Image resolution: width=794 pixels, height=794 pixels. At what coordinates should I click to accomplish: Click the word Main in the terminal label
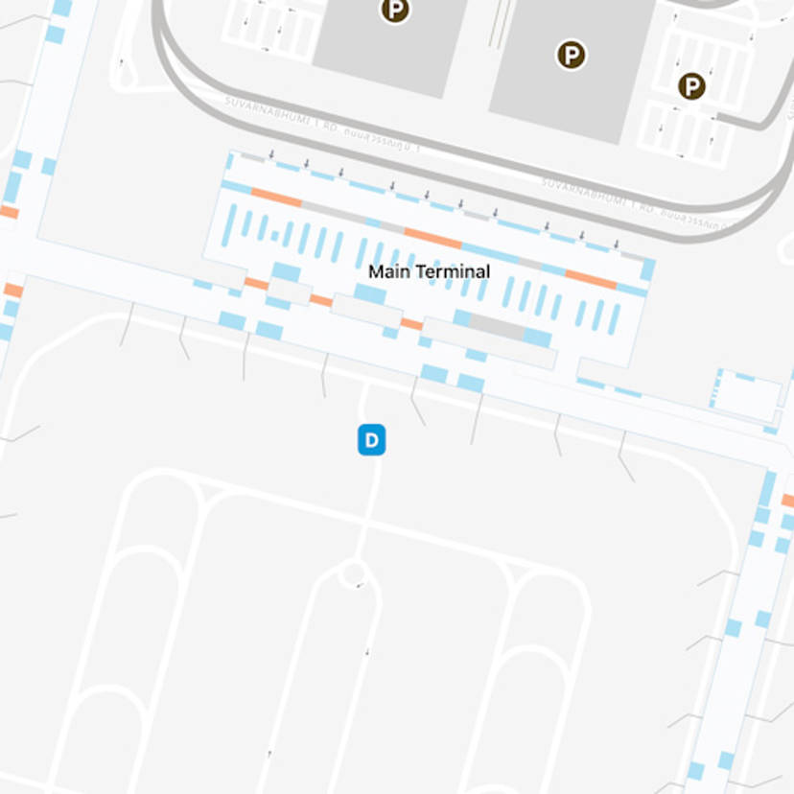385,271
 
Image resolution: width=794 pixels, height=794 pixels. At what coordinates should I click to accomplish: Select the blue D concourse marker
372,441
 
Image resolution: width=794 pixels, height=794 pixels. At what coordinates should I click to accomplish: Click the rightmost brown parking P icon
691,87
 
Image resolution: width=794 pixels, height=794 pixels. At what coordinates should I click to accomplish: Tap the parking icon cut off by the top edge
394,10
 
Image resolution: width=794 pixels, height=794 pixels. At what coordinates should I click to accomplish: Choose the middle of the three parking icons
572,55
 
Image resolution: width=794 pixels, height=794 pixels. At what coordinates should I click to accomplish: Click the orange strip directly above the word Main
432,238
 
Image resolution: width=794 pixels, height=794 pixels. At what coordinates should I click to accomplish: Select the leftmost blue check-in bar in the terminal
227,225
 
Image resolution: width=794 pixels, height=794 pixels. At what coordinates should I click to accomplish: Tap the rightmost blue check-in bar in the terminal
615,317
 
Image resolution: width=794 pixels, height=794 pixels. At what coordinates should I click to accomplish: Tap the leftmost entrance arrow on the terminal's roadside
271,153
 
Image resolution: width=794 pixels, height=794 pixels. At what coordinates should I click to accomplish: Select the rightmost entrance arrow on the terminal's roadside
616,245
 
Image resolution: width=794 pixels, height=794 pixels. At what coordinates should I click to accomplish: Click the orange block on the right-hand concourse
787,501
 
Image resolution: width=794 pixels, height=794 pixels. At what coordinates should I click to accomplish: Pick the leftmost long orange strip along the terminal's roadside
276,198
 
